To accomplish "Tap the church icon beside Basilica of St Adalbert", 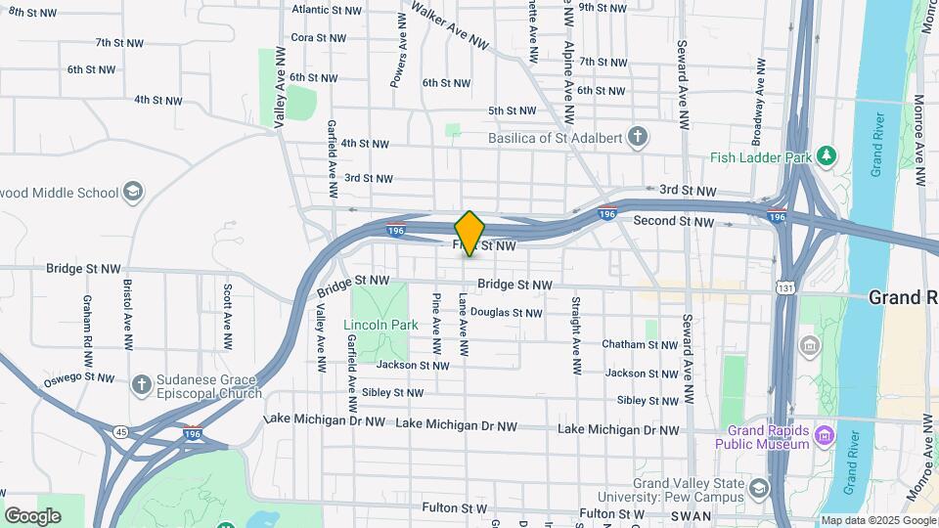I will [x=638, y=136].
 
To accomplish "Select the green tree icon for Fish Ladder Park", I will [x=827, y=154].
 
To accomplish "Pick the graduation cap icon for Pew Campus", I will [x=759, y=488].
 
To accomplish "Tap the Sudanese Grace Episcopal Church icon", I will [x=141, y=384].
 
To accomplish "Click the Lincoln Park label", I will [x=380, y=325].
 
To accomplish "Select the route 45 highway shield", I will [x=120, y=431].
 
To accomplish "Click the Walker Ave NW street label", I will [x=449, y=25].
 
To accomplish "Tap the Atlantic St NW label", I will [x=326, y=10].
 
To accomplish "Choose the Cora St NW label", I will [x=318, y=38].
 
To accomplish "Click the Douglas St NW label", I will [x=506, y=313].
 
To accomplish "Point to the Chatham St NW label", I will [x=640, y=344].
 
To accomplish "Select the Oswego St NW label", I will [x=79, y=378].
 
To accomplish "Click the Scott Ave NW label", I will [x=227, y=318].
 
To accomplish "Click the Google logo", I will [x=32, y=515].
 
